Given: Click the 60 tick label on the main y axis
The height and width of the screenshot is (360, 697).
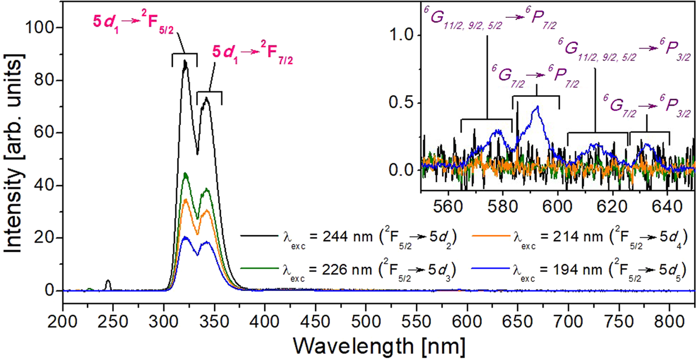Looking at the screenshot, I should point(48,133).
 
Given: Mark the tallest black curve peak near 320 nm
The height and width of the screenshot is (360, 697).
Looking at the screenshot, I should point(185,60).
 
